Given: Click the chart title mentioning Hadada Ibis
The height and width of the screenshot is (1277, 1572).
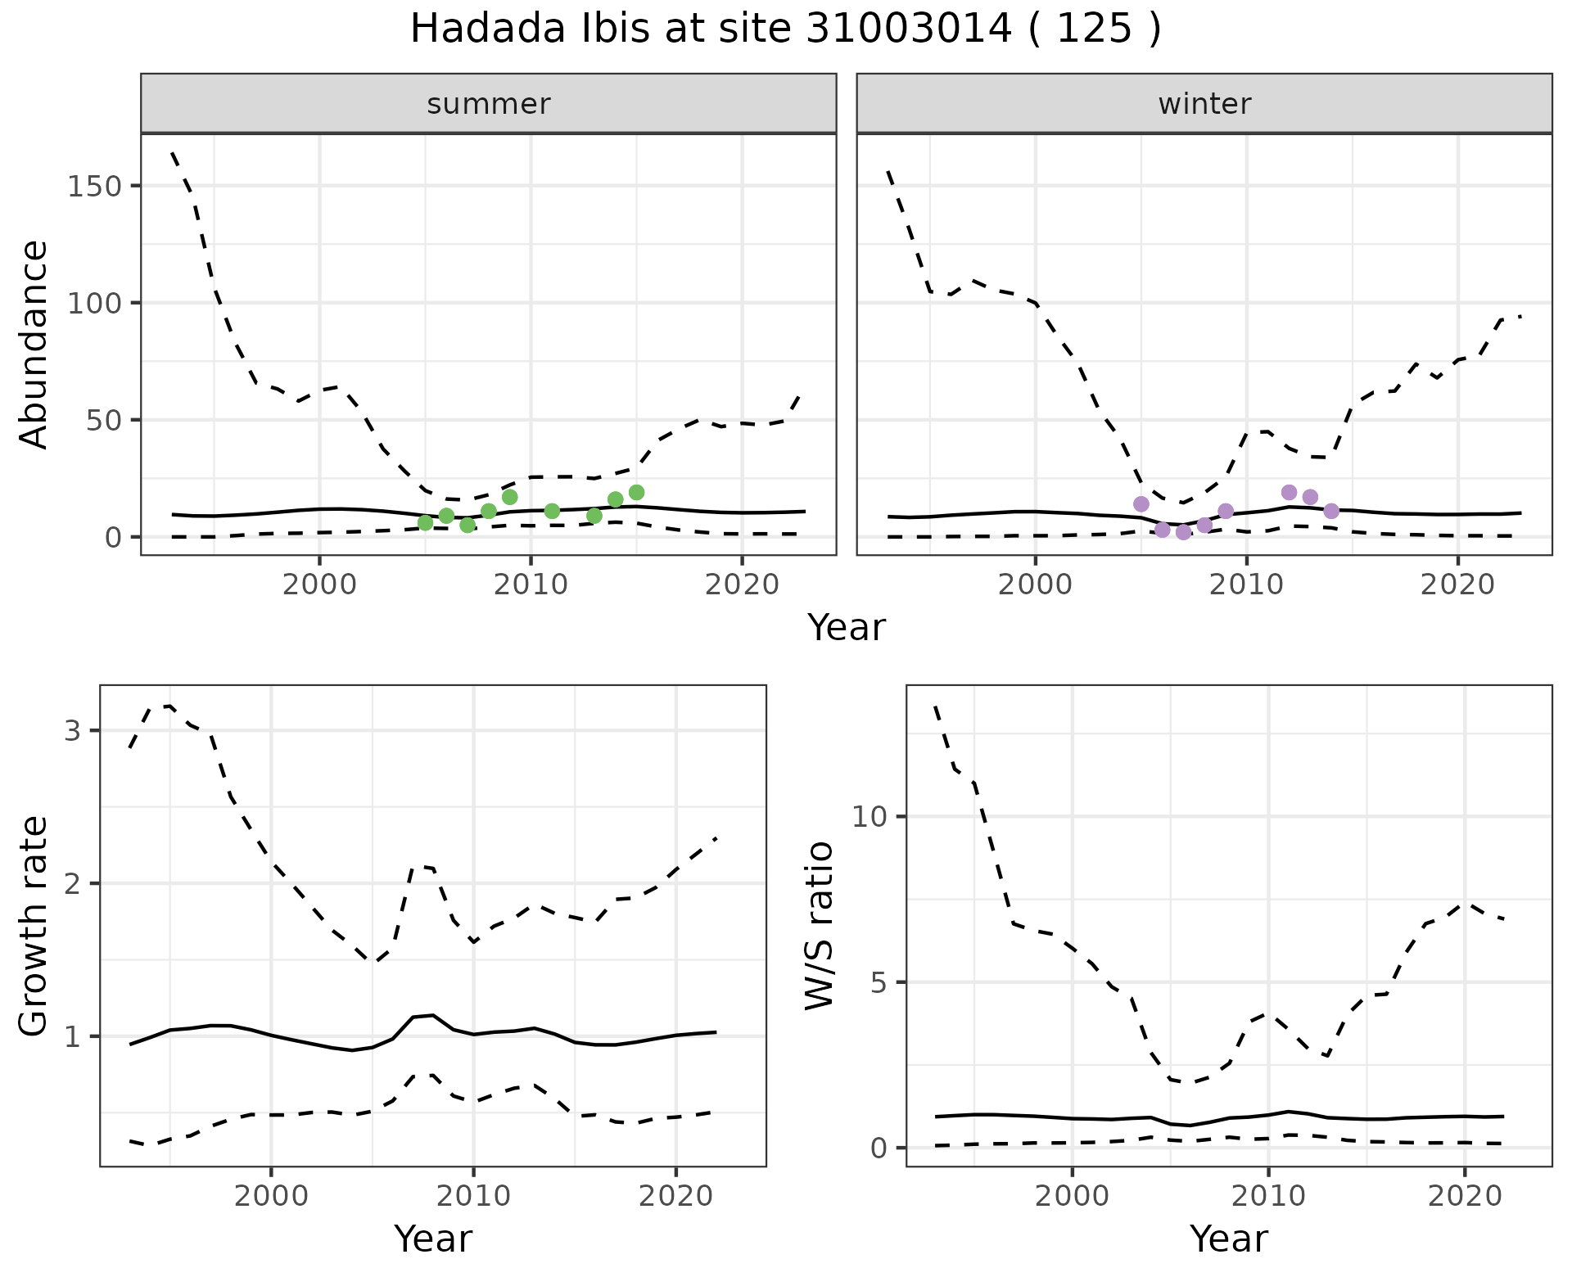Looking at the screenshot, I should click(x=785, y=29).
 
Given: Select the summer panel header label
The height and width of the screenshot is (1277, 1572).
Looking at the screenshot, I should click(x=489, y=104).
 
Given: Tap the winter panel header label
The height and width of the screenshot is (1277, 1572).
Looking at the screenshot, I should click(x=1204, y=104).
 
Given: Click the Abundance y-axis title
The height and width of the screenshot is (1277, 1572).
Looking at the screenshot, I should click(x=34, y=345).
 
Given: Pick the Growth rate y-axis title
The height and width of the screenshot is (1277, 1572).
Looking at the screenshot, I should click(x=34, y=926).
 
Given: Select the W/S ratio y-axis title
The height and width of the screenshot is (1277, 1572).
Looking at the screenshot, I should click(x=820, y=926).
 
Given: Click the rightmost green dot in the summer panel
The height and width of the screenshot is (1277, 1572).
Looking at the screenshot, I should click(x=636, y=492).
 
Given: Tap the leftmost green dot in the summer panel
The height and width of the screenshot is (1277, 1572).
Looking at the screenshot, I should click(x=425, y=523).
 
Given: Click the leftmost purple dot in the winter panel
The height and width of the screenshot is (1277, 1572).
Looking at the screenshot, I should click(x=1141, y=503).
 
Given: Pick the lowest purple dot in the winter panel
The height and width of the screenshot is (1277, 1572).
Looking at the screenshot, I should click(x=1183, y=532).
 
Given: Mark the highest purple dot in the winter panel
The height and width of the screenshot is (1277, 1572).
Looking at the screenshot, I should click(x=1289, y=492).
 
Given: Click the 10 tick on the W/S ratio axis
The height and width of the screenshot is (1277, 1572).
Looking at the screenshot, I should click(x=870, y=817).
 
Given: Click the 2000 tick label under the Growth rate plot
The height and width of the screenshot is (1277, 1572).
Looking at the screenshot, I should click(x=271, y=1196).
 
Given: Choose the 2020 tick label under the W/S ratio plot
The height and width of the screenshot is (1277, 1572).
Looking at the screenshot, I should click(x=1465, y=1196).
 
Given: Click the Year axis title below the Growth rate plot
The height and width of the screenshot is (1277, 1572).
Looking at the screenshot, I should click(x=433, y=1239).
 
